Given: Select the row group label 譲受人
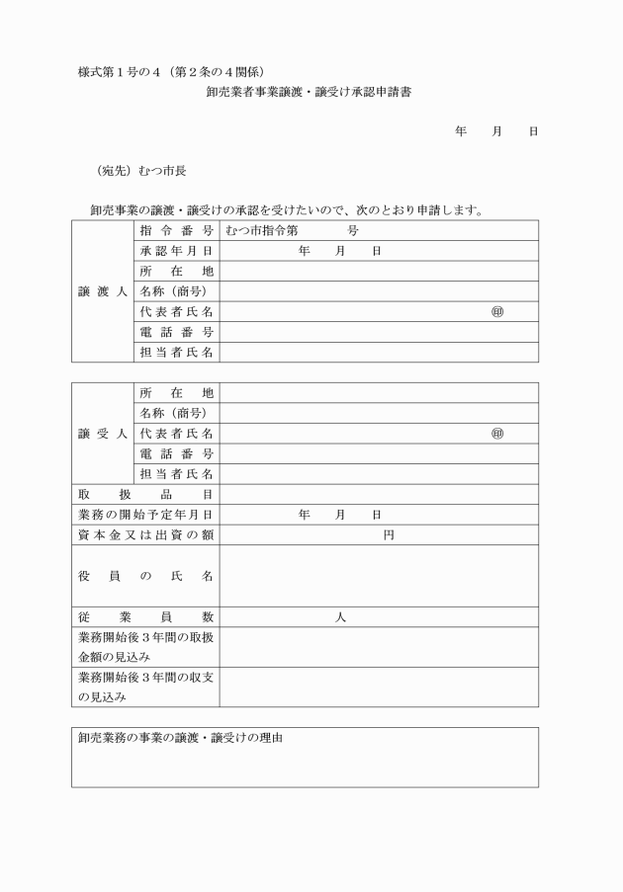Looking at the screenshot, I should coord(102,434).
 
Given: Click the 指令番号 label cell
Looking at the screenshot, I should coord(177,230).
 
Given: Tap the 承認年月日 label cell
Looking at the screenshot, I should coord(177,251).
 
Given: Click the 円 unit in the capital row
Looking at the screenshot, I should coord(389,535).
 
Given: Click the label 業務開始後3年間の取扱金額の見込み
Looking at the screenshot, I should coord(145,646).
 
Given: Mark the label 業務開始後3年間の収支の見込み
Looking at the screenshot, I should coord(145,687).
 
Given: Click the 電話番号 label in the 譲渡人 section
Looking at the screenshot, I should coord(177,332).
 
